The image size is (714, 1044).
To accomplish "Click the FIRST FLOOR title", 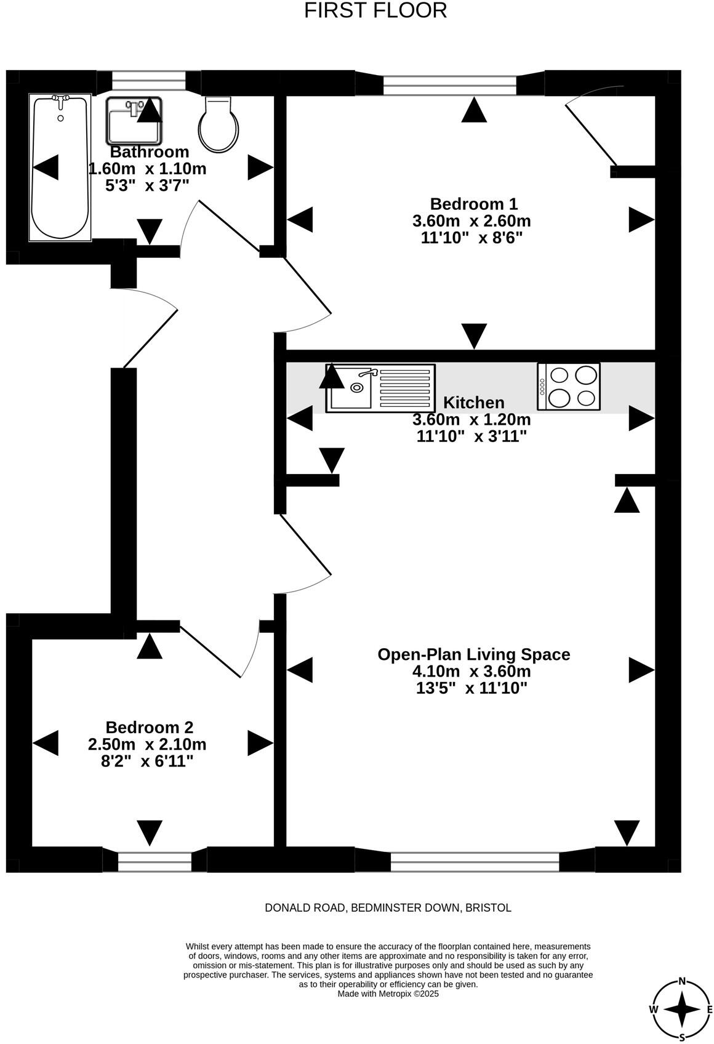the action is pos(375,10).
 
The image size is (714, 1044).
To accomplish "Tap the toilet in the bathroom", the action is pos(219,124).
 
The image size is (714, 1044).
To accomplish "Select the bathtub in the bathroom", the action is pos(60,167).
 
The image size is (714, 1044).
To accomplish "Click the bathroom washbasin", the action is pos(134,121).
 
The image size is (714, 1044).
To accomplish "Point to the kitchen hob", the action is pos(569,387).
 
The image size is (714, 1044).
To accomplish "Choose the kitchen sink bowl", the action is pos(351,387).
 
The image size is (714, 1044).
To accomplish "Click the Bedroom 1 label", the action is pos(473,204).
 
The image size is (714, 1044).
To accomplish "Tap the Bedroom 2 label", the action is pos(149,727).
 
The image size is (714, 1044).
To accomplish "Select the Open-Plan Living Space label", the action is pos(473,654).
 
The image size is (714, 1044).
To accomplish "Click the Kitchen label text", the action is pos(473,402).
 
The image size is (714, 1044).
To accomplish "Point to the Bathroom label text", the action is pos(149,152).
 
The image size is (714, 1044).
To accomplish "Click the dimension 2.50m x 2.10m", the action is pos(147,744).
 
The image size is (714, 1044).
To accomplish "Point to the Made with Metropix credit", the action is pos(388,994).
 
